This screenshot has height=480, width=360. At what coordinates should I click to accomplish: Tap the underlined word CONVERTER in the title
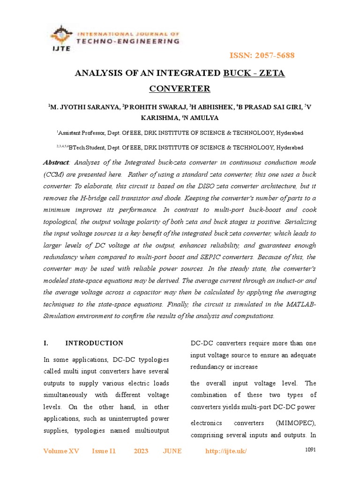coord(180,89)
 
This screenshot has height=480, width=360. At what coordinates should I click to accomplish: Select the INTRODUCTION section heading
coord(94,343)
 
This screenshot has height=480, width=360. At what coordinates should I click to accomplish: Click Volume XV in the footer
coord(61,451)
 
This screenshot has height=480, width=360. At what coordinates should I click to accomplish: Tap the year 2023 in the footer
coord(141,451)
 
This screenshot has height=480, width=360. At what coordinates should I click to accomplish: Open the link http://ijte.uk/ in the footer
coord(226,451)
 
